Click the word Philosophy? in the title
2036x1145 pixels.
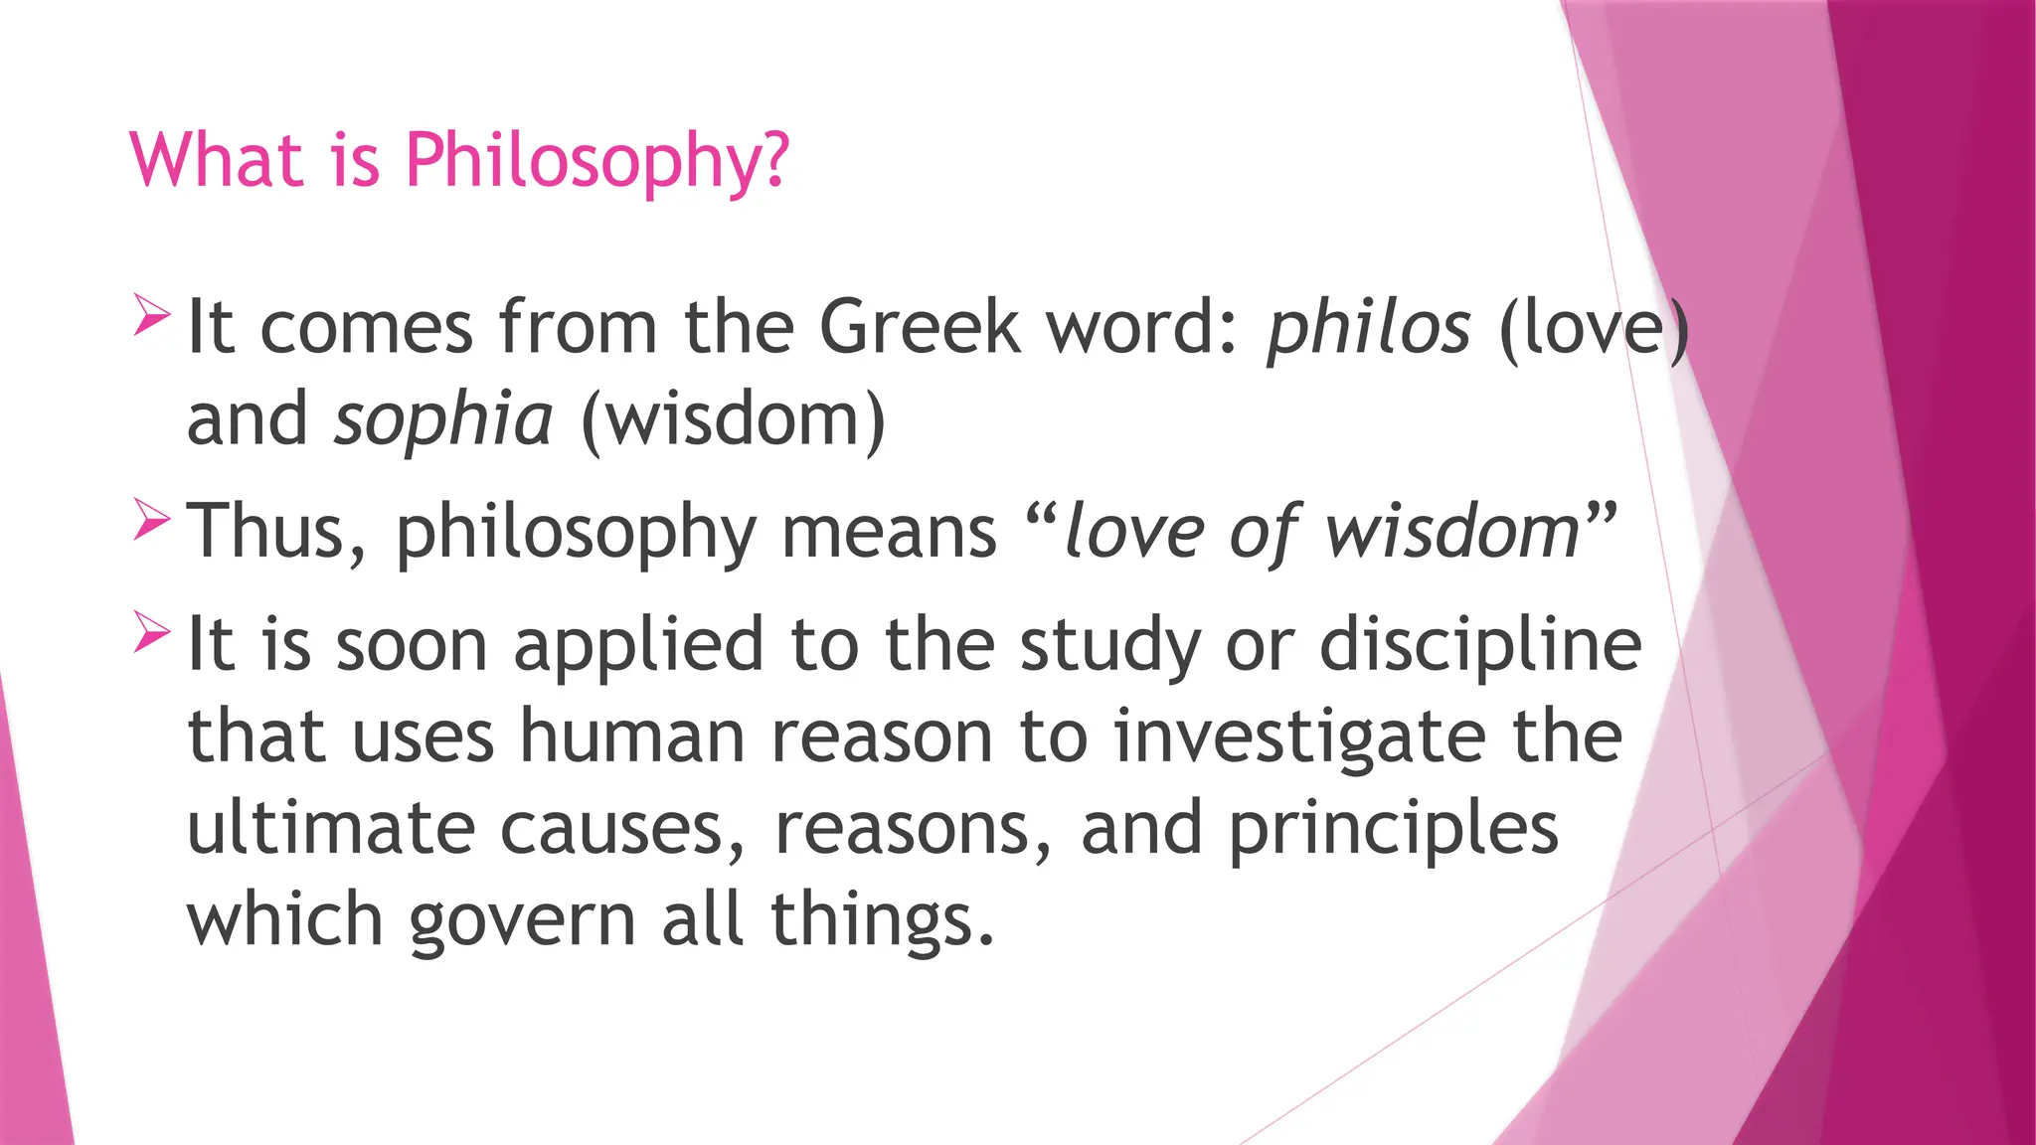click(596, 161)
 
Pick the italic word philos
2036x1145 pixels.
click(1368, 328)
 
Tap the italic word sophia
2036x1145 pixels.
click(443, 420)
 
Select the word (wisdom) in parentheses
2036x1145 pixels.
click(733, 420)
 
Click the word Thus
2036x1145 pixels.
click(274, 532)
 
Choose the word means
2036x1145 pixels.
click(889, 533)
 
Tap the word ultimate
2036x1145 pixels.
click(331, 828)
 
